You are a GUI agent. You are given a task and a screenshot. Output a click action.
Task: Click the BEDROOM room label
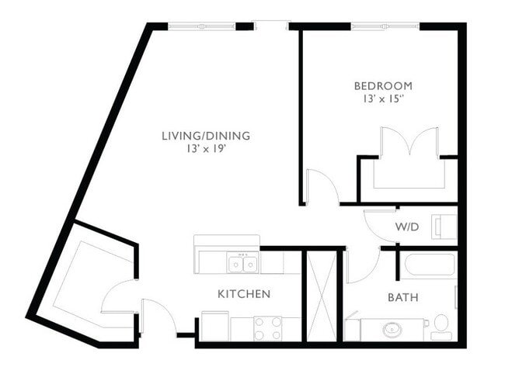tap(382, 85)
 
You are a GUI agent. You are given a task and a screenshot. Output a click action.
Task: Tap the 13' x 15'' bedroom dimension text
tap(382, 99)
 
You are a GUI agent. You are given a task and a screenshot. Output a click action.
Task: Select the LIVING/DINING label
tap(205, 136)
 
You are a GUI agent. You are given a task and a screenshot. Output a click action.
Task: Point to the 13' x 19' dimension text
tap(205, 149)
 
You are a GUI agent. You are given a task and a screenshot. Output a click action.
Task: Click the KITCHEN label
tap(244, 294)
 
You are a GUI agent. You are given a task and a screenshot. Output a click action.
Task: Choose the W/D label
tap(407, 228)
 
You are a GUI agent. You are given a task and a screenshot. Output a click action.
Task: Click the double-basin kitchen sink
tap(242, 264)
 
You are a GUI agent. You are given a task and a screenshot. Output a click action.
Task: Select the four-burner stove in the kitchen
tap(267, 328)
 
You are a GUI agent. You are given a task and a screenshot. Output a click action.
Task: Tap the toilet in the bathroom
tap(441, 324)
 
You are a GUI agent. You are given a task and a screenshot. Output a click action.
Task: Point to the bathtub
tap(427, 266)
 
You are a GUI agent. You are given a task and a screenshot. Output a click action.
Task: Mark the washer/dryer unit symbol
tap(445, 226)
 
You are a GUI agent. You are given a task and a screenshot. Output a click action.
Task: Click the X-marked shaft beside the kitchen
tap(322, 295)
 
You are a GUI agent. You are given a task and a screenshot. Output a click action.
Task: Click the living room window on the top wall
tap(202, 26)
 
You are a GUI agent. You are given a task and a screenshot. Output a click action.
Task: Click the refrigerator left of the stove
tap(215, 326)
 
